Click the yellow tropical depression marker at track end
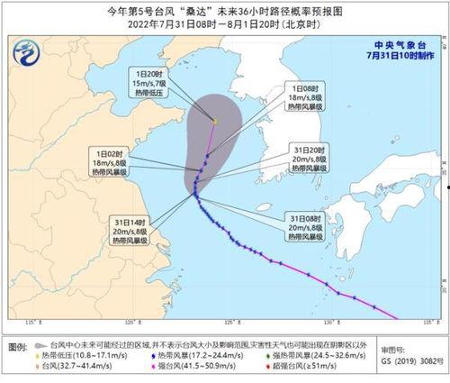coord(215,120)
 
